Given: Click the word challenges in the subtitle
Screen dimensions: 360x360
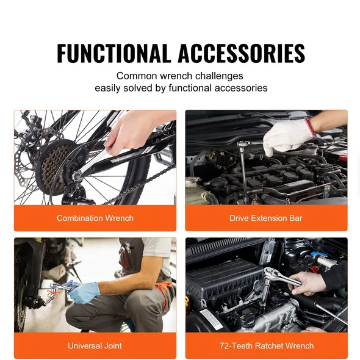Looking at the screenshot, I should [217, 76].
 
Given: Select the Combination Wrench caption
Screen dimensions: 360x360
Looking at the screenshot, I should [95, 218].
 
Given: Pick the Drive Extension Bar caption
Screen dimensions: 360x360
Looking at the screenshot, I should [266, 218].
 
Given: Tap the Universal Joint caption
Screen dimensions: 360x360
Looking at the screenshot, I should [95, 346].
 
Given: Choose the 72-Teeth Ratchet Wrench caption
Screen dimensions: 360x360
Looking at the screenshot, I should [266, 346].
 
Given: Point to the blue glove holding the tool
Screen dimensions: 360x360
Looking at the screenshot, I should [82, 292].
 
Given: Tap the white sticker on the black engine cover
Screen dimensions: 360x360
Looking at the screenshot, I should [211, 319].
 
